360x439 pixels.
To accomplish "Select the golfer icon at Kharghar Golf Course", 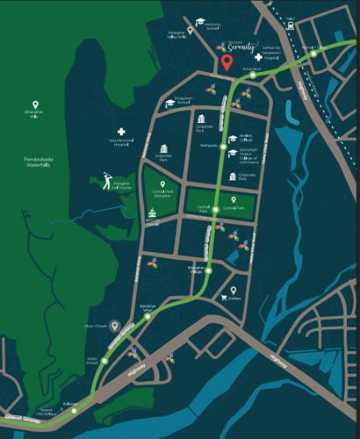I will (105, 183).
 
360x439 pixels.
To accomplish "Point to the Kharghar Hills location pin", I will (47, 105).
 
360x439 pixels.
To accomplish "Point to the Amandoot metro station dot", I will (251, 76).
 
